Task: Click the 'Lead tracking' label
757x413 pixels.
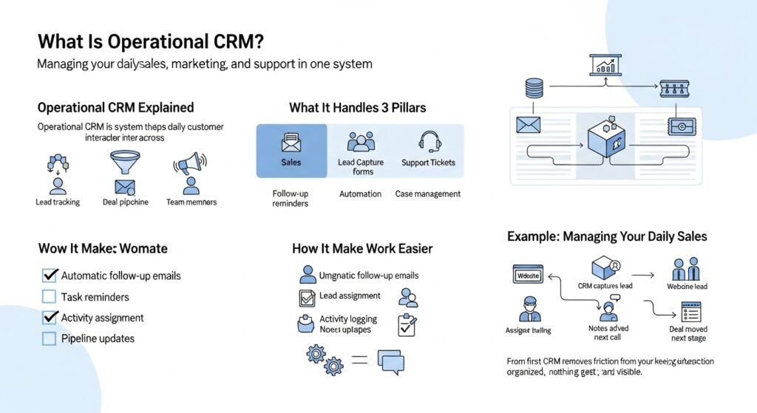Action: point(58,202)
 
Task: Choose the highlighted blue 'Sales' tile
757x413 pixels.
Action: point(291,151)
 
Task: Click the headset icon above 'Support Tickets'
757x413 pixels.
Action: point(428,142)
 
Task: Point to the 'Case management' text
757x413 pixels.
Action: point(427,194)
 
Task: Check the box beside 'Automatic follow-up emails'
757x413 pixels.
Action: point(50,276)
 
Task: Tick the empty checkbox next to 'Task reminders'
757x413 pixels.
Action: point(50,296)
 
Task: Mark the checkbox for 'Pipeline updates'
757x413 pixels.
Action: point(50,338)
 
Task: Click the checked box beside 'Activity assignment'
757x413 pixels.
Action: point(50,318)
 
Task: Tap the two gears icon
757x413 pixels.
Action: point(325,360)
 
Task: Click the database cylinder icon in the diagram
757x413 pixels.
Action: point(534,89)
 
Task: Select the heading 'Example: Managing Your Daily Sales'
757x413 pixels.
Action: point(607,236)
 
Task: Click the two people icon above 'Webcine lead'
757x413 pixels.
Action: point(687,269)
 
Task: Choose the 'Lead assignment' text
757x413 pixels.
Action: point(350,296)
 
